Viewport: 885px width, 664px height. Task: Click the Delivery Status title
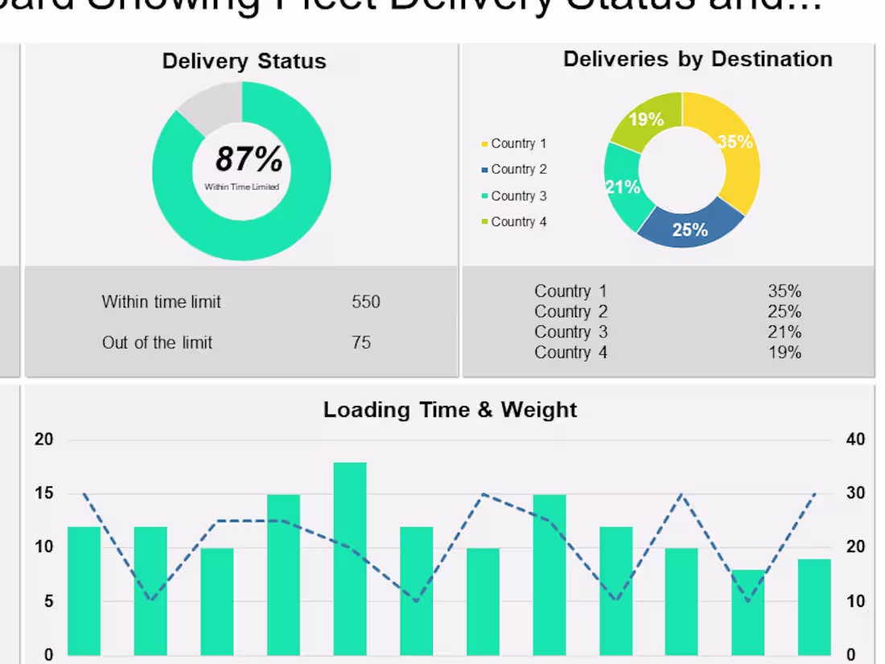pos(244,62)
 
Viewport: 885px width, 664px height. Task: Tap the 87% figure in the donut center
pos(249,159)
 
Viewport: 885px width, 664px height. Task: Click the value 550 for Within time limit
pos(366,303)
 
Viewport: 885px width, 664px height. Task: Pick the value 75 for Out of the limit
pos(361,343)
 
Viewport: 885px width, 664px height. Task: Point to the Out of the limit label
pos(157,343)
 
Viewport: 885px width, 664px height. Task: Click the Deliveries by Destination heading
pos(698,60)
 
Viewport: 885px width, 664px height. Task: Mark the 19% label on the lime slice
pos(646,120)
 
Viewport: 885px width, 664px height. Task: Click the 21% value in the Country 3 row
pos(784,332)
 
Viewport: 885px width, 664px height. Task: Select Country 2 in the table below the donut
pos(570,312)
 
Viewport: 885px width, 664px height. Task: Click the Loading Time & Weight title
pos(450,410)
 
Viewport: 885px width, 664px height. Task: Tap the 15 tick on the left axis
pos(43,493)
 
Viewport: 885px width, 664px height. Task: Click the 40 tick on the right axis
pos(856,439)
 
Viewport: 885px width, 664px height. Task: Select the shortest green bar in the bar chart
pos(748,612)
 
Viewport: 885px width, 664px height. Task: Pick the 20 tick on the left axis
pos(43,439)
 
